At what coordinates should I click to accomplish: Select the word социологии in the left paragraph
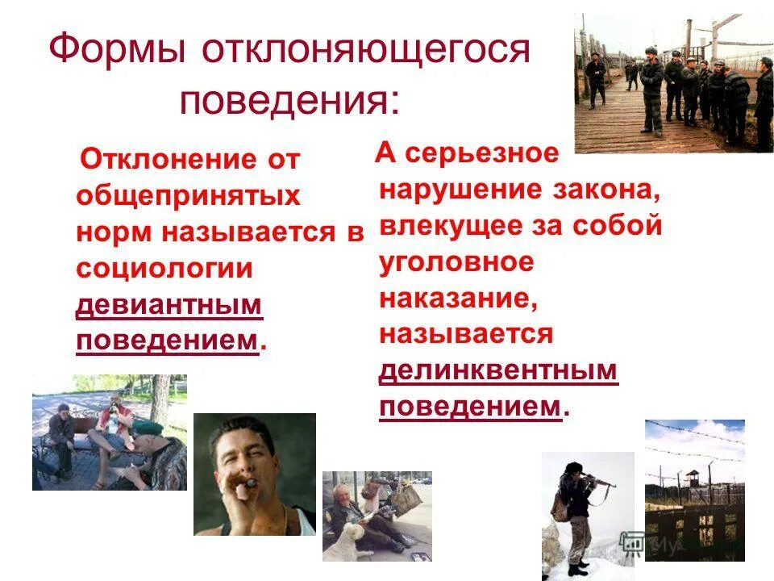coord(164,269)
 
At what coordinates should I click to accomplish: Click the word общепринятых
coord(188,196)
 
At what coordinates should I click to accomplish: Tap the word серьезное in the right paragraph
coord(481,153)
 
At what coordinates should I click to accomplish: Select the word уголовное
coord(456,261)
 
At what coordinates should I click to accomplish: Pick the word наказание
coord(459,298)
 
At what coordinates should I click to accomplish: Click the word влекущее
coord(451,225)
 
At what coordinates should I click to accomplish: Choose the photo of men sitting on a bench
coord(109,433)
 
